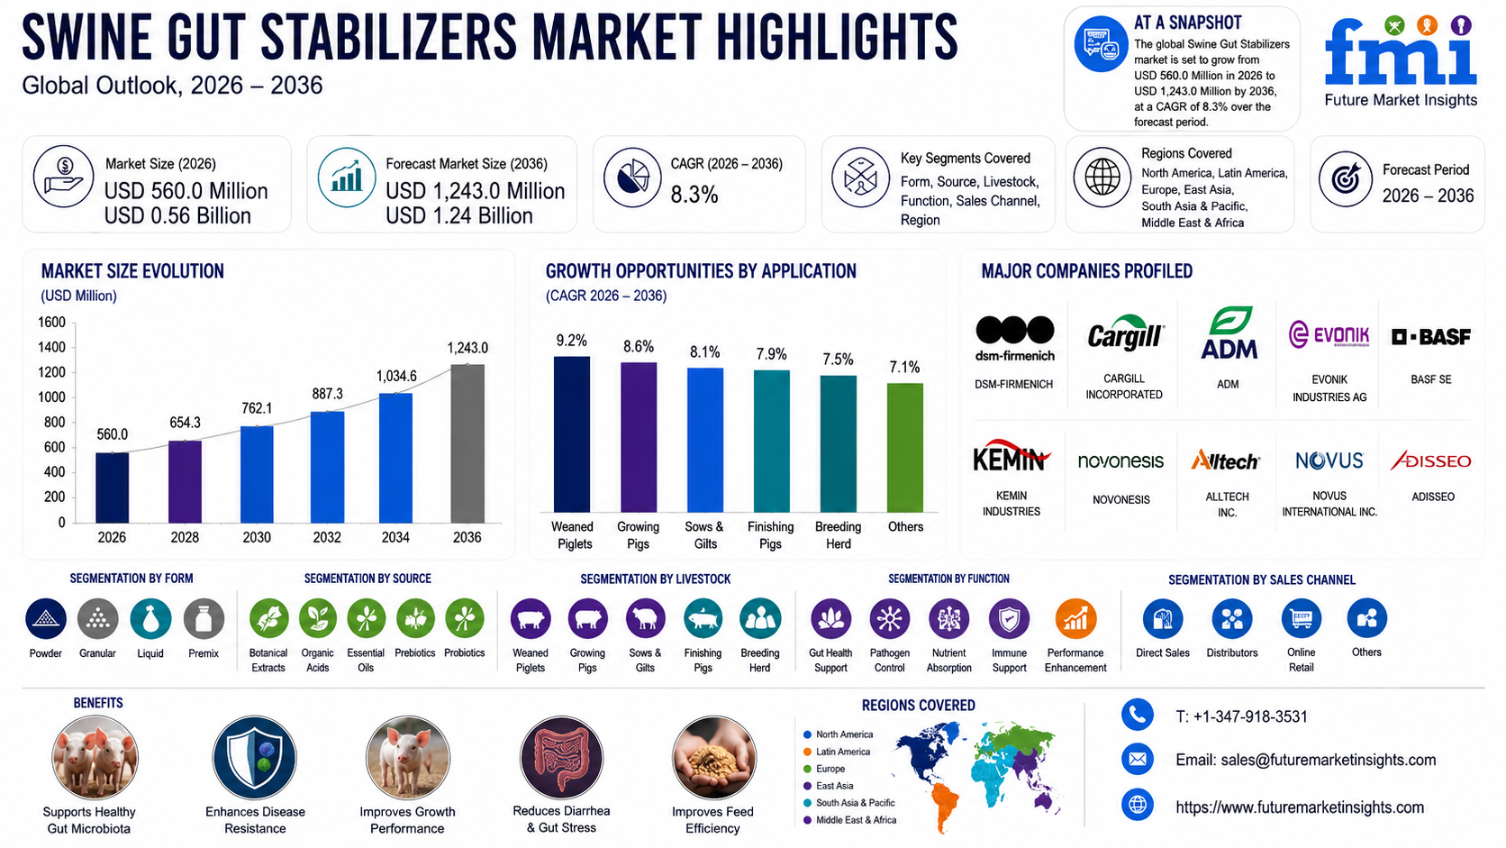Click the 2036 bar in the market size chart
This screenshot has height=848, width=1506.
point(467,443)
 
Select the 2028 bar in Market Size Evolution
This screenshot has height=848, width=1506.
point(185,481)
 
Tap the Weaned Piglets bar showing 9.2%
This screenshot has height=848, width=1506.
point(571,434)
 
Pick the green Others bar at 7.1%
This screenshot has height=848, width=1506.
point(905,448)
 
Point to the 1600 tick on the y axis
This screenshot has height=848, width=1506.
point(51,322)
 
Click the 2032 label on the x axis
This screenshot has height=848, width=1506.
point(327,537)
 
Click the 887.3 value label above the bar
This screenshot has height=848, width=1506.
point(328,394)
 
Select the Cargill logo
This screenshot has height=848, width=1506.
point(1126,333)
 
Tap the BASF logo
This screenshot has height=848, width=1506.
point(1430,336)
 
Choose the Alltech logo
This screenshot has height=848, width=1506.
point(1225,460)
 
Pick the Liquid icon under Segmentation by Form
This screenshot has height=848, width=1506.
point(150,619)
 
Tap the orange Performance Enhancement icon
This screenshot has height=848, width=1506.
point(1075,619)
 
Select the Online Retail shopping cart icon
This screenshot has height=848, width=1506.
point(1301,618)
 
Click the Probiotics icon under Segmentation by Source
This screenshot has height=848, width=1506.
point(465,619)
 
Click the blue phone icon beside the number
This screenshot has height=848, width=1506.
point(1138,715)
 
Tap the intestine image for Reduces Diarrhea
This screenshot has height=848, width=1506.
point(561,758)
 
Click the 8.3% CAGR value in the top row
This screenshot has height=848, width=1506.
point(694,195)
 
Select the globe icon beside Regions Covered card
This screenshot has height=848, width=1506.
point(1102,178)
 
